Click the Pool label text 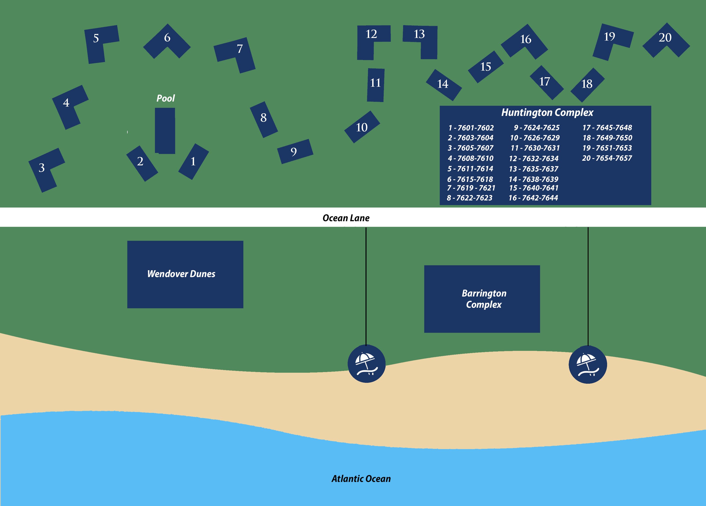pos(166,98)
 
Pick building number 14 pos(443,84)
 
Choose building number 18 pos(587,84)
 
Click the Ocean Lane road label pos(346,218)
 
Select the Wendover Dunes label pos(181,274)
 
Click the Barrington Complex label pos(484,299)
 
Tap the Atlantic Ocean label pos(361,479)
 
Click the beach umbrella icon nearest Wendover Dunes pos(366,364)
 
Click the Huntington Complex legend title pos(547,112)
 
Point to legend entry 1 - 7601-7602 pos(471,128)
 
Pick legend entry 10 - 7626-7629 pos(534,138)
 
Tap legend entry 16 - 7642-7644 pos(533,198)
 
